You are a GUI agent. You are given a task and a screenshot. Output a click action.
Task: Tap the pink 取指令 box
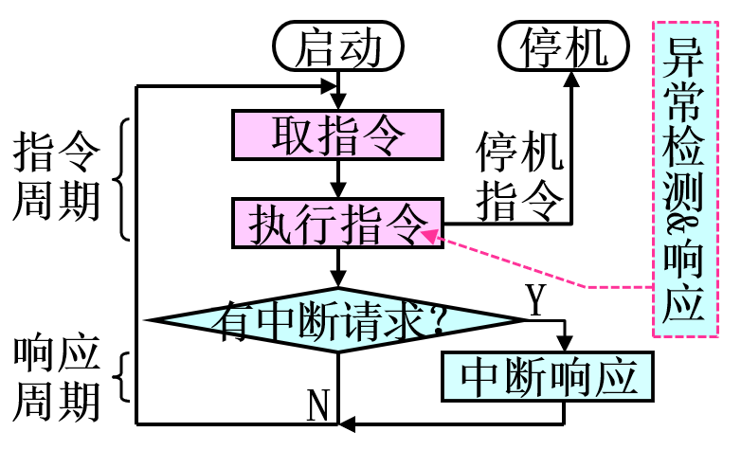[x=338, y=135]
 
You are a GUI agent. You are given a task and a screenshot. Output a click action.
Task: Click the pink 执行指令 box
[x=338, y=225]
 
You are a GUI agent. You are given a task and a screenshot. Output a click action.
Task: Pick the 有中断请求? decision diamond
[x=338, y=320]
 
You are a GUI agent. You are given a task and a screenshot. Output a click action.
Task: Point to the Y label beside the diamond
[x=536, y=300]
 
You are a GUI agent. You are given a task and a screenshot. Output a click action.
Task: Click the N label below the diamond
[x=318, y=405]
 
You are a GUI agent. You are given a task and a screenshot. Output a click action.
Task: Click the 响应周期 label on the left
[x=57, y=378]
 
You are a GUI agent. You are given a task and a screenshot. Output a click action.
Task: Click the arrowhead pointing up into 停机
[x=572, y=80]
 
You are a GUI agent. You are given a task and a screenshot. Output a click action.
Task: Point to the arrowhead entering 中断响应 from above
[x=565, y=344]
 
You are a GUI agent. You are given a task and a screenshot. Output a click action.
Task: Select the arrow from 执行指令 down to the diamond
[x=338, y=269]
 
